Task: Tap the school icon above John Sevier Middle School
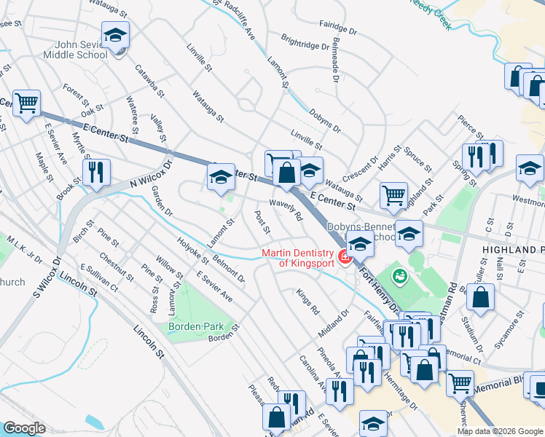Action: point(115,36)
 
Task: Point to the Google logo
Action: point(24,428)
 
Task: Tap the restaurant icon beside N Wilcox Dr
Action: point(96,173)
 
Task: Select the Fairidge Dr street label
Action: point(339,32)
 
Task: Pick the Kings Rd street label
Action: point(307,302)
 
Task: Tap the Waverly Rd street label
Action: point(286,211)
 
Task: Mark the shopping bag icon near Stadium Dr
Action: point(481,297)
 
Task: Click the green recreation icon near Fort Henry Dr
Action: point(399,275)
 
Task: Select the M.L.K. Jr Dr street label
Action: point(26,248)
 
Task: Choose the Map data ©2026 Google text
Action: point(499,431)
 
